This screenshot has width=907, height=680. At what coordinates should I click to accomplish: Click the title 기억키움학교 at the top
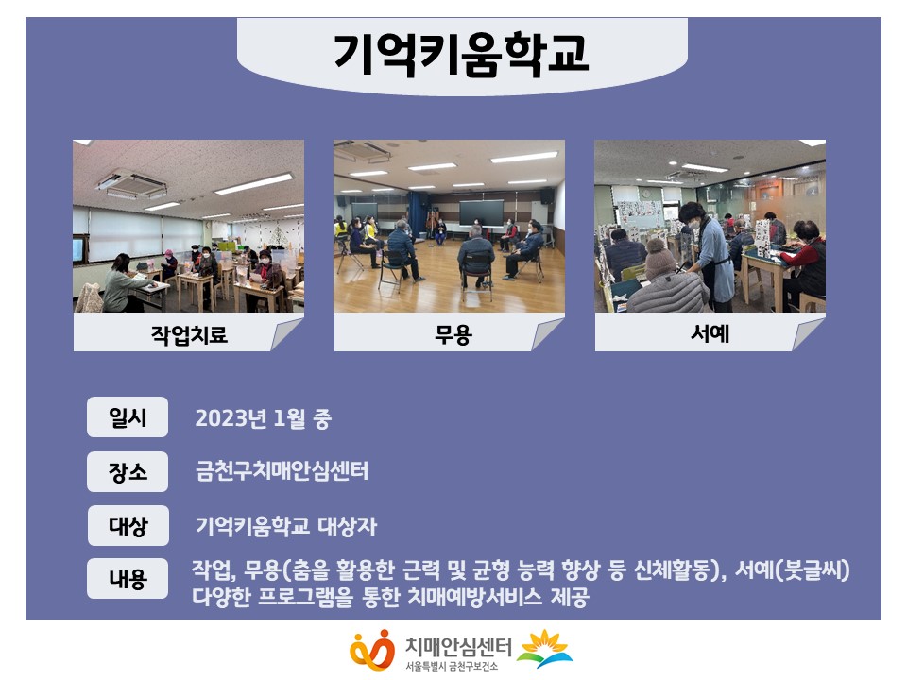coord(461,54)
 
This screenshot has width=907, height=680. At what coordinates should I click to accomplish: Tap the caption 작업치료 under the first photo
coord(189,334)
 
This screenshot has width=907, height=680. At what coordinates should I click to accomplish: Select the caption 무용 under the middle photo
coord(453,334)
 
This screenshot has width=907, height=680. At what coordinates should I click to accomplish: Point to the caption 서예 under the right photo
coord(710,333)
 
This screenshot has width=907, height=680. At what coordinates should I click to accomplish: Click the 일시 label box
coord(128,416)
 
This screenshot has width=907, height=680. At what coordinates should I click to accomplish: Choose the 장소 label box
coord(128,472)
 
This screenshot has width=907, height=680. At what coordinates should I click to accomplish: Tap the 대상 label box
coord(128,526)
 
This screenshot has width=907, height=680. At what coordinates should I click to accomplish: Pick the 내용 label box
coord(128,578)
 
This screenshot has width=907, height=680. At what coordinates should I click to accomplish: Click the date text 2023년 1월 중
coord(264,418)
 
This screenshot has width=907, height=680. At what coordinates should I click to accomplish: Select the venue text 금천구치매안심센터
coord(282,471)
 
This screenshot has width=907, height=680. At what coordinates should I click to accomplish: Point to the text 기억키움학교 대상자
coord(285,526)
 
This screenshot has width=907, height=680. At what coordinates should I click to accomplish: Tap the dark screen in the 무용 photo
coord(481,212)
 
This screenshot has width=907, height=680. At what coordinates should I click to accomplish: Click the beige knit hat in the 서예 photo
coord(660,258)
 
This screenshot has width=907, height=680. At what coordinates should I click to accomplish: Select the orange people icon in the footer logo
coord(372,650)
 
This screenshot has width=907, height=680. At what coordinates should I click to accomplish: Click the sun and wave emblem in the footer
coord(544,648)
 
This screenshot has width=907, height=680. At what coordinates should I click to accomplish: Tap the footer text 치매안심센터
coord(459,646)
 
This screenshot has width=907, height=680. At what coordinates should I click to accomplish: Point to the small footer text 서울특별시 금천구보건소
coord(452,666)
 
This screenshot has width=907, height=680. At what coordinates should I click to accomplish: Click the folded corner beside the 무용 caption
coord(547,334)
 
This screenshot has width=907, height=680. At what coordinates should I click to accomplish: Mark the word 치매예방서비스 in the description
coord(475,597)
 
